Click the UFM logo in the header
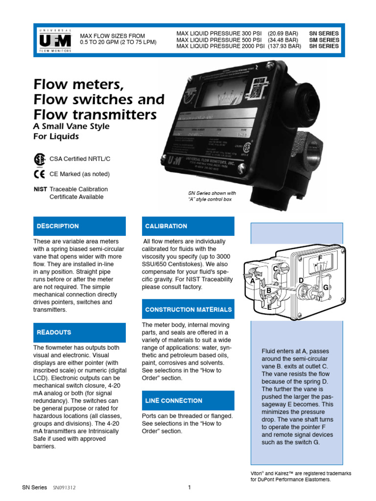[x=54, y=40]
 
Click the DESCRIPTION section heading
[x=58, y=226]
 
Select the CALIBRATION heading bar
[x=166, y=226]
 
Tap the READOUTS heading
[x=54, y=332]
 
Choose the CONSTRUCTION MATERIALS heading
[x=188, y=310]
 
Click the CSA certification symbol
[x=39, y=159]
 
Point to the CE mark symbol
[x=39, y=174]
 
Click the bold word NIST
[x=40, y=189]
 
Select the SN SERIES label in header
[x=324, y=34]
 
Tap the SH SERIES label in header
[x=324, y=46]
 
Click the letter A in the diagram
[x=253, y=281]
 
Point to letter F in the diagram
[x=320, y=258]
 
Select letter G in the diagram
[x=325, y=288]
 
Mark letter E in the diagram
[x=269, y=307]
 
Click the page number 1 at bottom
[x=188, y=487]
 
